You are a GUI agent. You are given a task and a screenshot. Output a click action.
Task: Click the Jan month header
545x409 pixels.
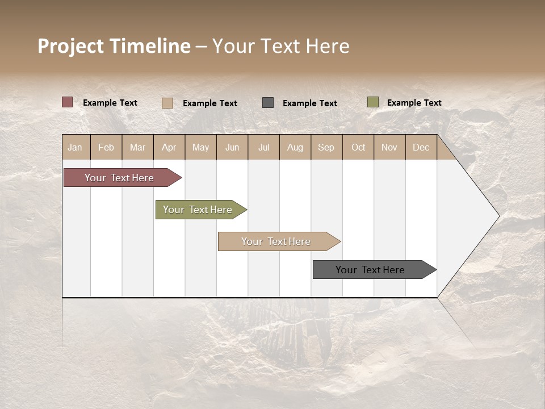click(75, 147)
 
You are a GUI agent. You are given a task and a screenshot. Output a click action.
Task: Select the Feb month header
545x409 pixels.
click(106, 147)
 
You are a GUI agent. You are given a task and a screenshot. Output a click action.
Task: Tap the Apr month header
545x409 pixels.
click(169, 147)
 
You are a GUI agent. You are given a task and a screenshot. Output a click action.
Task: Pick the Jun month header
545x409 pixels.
click(232, 147)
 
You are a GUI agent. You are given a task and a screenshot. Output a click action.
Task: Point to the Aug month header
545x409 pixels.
click(295, 147)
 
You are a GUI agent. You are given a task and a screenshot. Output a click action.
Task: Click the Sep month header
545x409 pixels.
click(326, 147)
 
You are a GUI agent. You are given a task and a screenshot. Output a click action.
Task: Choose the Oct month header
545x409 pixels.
click(358, 147)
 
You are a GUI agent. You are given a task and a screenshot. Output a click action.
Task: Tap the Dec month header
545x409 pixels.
click(421, 147)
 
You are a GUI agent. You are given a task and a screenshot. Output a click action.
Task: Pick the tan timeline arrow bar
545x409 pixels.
click(276, 241)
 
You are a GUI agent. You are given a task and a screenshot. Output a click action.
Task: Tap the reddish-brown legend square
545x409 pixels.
click(68, 102)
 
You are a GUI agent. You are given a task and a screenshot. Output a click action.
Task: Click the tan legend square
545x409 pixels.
click(167, 103)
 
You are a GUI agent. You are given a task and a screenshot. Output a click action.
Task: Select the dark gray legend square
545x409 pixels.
click(268, 102)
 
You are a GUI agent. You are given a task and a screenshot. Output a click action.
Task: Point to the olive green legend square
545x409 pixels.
click(373, 102)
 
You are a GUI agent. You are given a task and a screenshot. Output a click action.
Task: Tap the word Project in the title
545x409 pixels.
click(71, 46)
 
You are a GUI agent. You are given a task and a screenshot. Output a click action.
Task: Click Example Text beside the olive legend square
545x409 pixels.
click(414, 102)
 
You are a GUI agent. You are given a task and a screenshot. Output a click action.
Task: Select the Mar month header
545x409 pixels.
click(137, 147)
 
